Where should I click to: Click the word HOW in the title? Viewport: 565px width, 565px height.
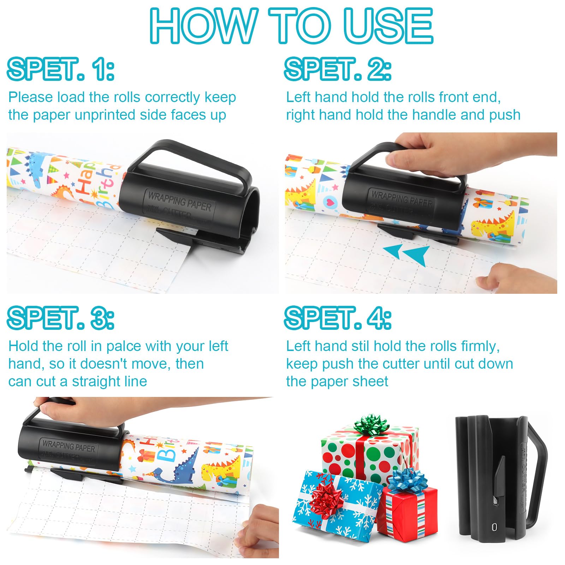point(203,25)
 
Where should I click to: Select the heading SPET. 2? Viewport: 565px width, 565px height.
point(338,69)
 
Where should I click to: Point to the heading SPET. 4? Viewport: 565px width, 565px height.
point(338,318)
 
